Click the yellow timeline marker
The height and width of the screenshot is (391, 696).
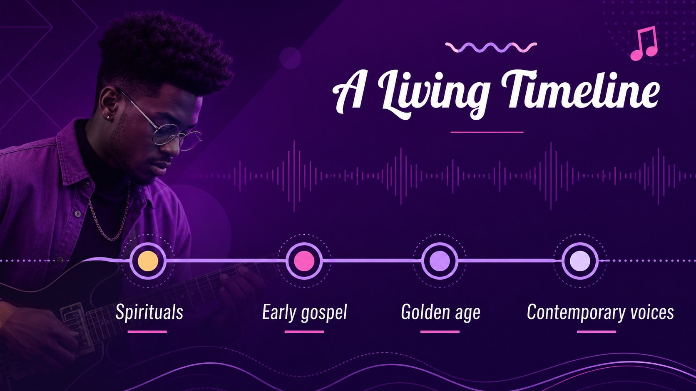tap(148, 261)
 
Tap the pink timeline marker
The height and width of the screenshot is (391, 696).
tap(304, 261)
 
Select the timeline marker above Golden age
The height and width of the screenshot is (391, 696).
tap(440, 261)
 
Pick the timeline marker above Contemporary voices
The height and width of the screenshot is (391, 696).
tap(580, 261)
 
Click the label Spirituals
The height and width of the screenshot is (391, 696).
tap(149, 312)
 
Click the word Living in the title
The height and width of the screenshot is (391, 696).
tap(433, 93)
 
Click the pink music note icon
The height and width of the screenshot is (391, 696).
tap(644, 43)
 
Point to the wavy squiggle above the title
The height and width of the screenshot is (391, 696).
tap(491, 47)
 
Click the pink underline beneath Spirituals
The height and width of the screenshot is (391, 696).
tap(147, 332)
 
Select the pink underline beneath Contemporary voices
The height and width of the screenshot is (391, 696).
tap(596, 332)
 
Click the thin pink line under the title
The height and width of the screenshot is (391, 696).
tap(487, 132)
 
